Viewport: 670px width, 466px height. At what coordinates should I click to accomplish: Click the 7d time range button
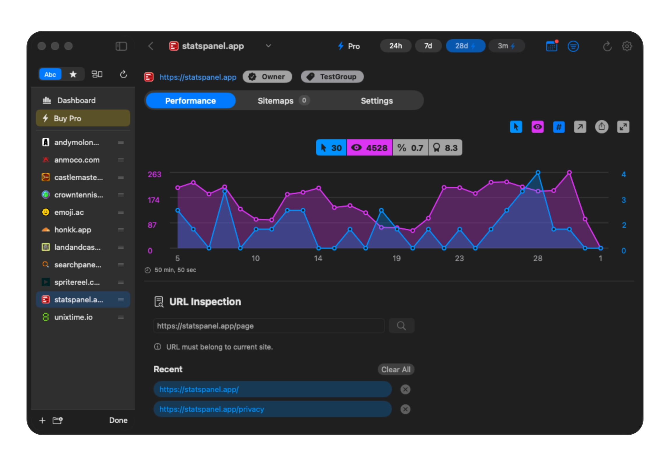[x=428, y=46]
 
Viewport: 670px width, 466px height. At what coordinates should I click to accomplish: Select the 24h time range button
[x=395, y=46]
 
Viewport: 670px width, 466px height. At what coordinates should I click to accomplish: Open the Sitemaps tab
[x=276, y=101]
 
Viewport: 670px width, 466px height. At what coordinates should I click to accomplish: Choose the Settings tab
[x=377, y=101]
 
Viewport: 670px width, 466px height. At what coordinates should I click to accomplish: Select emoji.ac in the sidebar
[x=69, y=212]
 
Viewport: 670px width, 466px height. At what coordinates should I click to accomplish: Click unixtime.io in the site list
[x=73, y=317]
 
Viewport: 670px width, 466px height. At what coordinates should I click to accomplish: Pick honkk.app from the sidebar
[x=73, y=230]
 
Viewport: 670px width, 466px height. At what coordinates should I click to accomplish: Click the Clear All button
[x=396, y=369]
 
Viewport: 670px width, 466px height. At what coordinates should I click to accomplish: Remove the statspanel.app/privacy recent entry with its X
[x=405, y=409]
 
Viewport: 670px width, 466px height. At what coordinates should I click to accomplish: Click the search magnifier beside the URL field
[x=401, y=326]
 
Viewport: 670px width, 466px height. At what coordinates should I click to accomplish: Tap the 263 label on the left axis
[x=154, y=174]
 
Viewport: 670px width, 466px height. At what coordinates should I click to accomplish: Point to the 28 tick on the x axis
[x=537, y=258]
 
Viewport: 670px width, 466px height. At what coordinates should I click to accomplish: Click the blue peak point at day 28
[x=538, y=172]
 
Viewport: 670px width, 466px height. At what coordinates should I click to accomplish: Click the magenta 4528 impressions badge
[x=369, y=148]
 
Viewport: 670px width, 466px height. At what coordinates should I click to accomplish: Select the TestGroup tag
[x=332, y=77]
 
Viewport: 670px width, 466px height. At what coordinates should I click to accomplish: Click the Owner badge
[x=267, y=77]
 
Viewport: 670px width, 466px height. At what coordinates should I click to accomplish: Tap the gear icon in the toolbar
[x=627, y=46]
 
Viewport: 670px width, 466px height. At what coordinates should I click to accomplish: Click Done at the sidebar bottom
[x=118, y=420]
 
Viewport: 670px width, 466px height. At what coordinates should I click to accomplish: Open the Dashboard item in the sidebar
[x=76, y=100]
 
